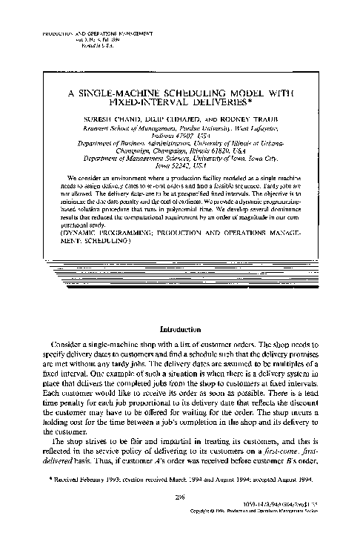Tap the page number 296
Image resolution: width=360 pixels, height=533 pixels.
179,498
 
